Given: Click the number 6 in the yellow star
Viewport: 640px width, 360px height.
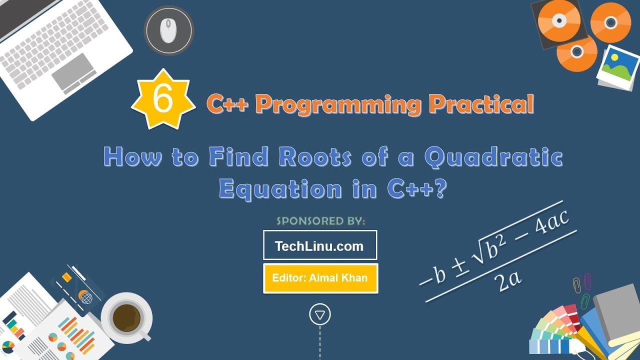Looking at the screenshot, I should tap(163, 99).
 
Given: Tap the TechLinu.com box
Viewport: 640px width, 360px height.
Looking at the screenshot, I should tap(320, 245).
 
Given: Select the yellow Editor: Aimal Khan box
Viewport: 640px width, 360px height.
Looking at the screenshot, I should tap(320, 278).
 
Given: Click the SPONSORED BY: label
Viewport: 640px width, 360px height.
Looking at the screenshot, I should tap(320, 220).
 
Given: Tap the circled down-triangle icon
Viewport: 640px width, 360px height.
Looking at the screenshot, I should tap(320, 314).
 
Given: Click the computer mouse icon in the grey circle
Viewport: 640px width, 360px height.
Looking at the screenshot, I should tap(168, 30).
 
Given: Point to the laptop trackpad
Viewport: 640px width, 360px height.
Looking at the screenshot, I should tap(73, 70).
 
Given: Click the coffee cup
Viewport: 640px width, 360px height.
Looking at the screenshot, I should tap(126, 317).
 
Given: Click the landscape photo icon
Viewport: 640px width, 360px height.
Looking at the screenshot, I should tap(617, 66).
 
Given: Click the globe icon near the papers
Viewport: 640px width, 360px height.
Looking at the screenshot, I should tap(85, 298).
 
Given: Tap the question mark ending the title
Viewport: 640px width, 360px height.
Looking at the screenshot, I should tap(438, 189).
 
